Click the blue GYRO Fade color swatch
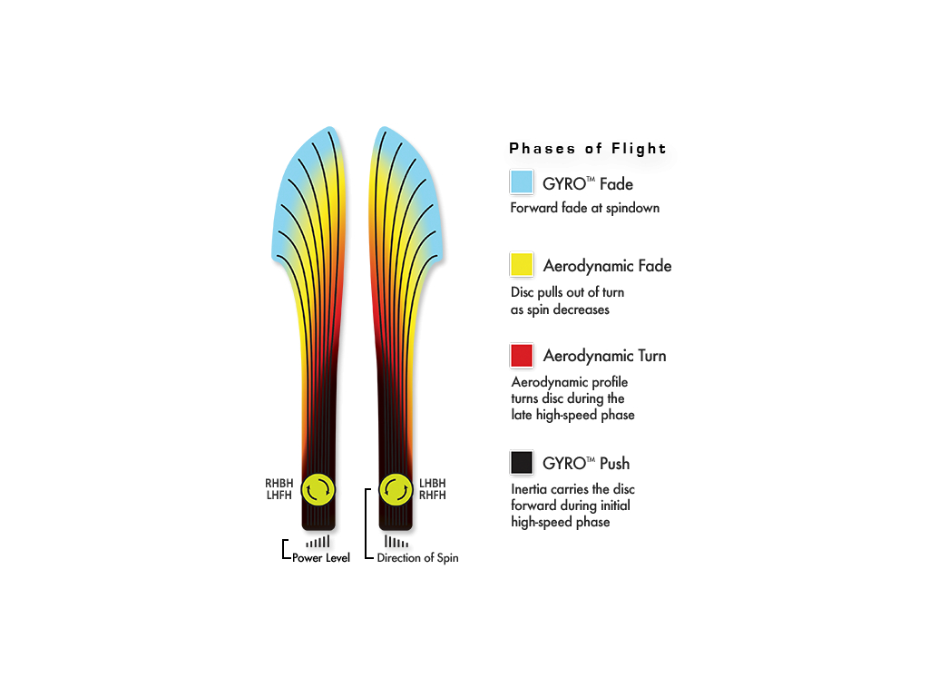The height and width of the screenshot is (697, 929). click(522, 182)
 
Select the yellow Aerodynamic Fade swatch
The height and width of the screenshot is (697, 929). click(522, 264)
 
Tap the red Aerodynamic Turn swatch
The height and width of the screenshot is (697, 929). click(522, 356)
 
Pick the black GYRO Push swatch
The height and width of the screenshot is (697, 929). click(522, 462)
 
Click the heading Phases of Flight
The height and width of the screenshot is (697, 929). click(588, 148)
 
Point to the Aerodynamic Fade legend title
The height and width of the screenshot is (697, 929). click(607, 266)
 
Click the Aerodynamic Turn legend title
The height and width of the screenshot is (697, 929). click(605, 356)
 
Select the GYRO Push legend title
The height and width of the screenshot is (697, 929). click(586, 464)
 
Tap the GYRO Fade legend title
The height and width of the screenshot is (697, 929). click(588, 184)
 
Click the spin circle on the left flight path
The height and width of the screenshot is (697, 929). click(318, 489)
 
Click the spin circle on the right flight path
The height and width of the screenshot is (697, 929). click(396, 489)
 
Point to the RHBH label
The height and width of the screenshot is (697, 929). click(279, 484)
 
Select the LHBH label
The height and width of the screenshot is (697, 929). click(433, 484)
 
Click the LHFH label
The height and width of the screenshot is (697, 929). click(279, 496)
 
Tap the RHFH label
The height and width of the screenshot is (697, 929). click(433, 496)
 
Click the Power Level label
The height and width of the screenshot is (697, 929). click(321, 558)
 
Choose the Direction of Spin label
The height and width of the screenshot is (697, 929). click(417, 558)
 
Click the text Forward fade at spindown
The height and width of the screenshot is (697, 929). click(585, 208)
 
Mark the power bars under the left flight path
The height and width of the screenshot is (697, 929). click(318, 541)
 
